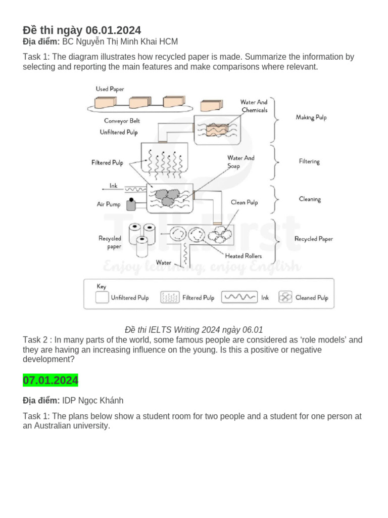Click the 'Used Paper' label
click(x=110, y=89)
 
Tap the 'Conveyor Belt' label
click(x=122, y=121)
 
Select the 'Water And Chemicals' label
click(x=254, y=106)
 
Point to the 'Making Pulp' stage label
click(x=311, y=117)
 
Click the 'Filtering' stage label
click(x=309, y=161)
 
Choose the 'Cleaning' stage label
click(x=310, y=199)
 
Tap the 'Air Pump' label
click(x=109, y=204)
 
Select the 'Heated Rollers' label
click(x=244, y=256)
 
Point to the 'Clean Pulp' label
click(x=244, y=202)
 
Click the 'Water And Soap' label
click(x=240, y=162)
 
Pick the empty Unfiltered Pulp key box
click(x=102, y=297)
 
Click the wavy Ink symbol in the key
click(x=239, y=297)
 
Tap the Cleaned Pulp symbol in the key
click(x=285, y=297)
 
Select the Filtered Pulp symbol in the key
click(x=169, y=297)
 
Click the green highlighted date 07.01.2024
click(x=51, y=380)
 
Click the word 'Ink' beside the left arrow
click(x=113, y=186)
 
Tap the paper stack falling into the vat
click(x=211, y=106)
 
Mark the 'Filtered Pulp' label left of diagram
click(x=107, y=163)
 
